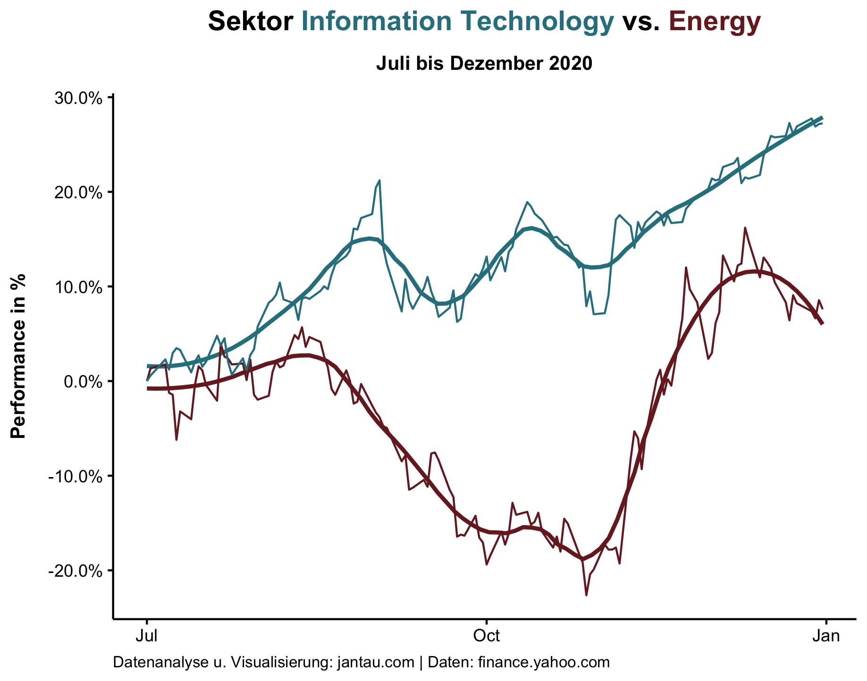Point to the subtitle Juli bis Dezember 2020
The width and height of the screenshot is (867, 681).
(484, 64)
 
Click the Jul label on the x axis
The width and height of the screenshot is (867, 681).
(147, 637)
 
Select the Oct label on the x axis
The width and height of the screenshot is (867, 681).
(486, 637)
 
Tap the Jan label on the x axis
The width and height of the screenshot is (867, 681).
(826, 637)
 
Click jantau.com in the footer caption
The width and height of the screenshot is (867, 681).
(377, 663)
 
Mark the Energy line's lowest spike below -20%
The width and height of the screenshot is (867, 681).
(586, 595)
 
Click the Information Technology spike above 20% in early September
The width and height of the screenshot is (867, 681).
(379, 180)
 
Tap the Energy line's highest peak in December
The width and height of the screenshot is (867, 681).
(745, 228)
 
